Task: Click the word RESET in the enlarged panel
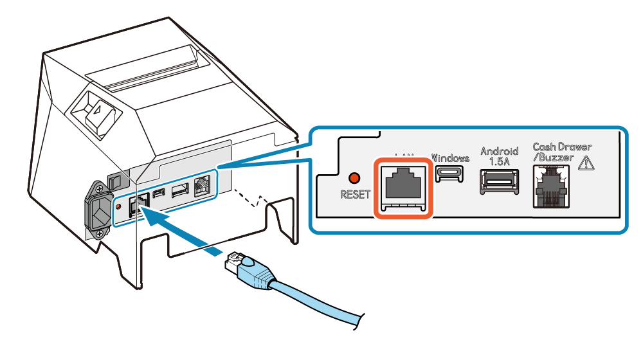pyautogui.click(x=356, y=195)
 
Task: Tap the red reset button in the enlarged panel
pyautogui.click(x=352, y=177)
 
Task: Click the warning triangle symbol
pyautogui.click(x=586, y=163)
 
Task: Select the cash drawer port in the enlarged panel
pyautogui.click(x=551, y=186)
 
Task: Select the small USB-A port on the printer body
pyautogui.click(x=180, y=190)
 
